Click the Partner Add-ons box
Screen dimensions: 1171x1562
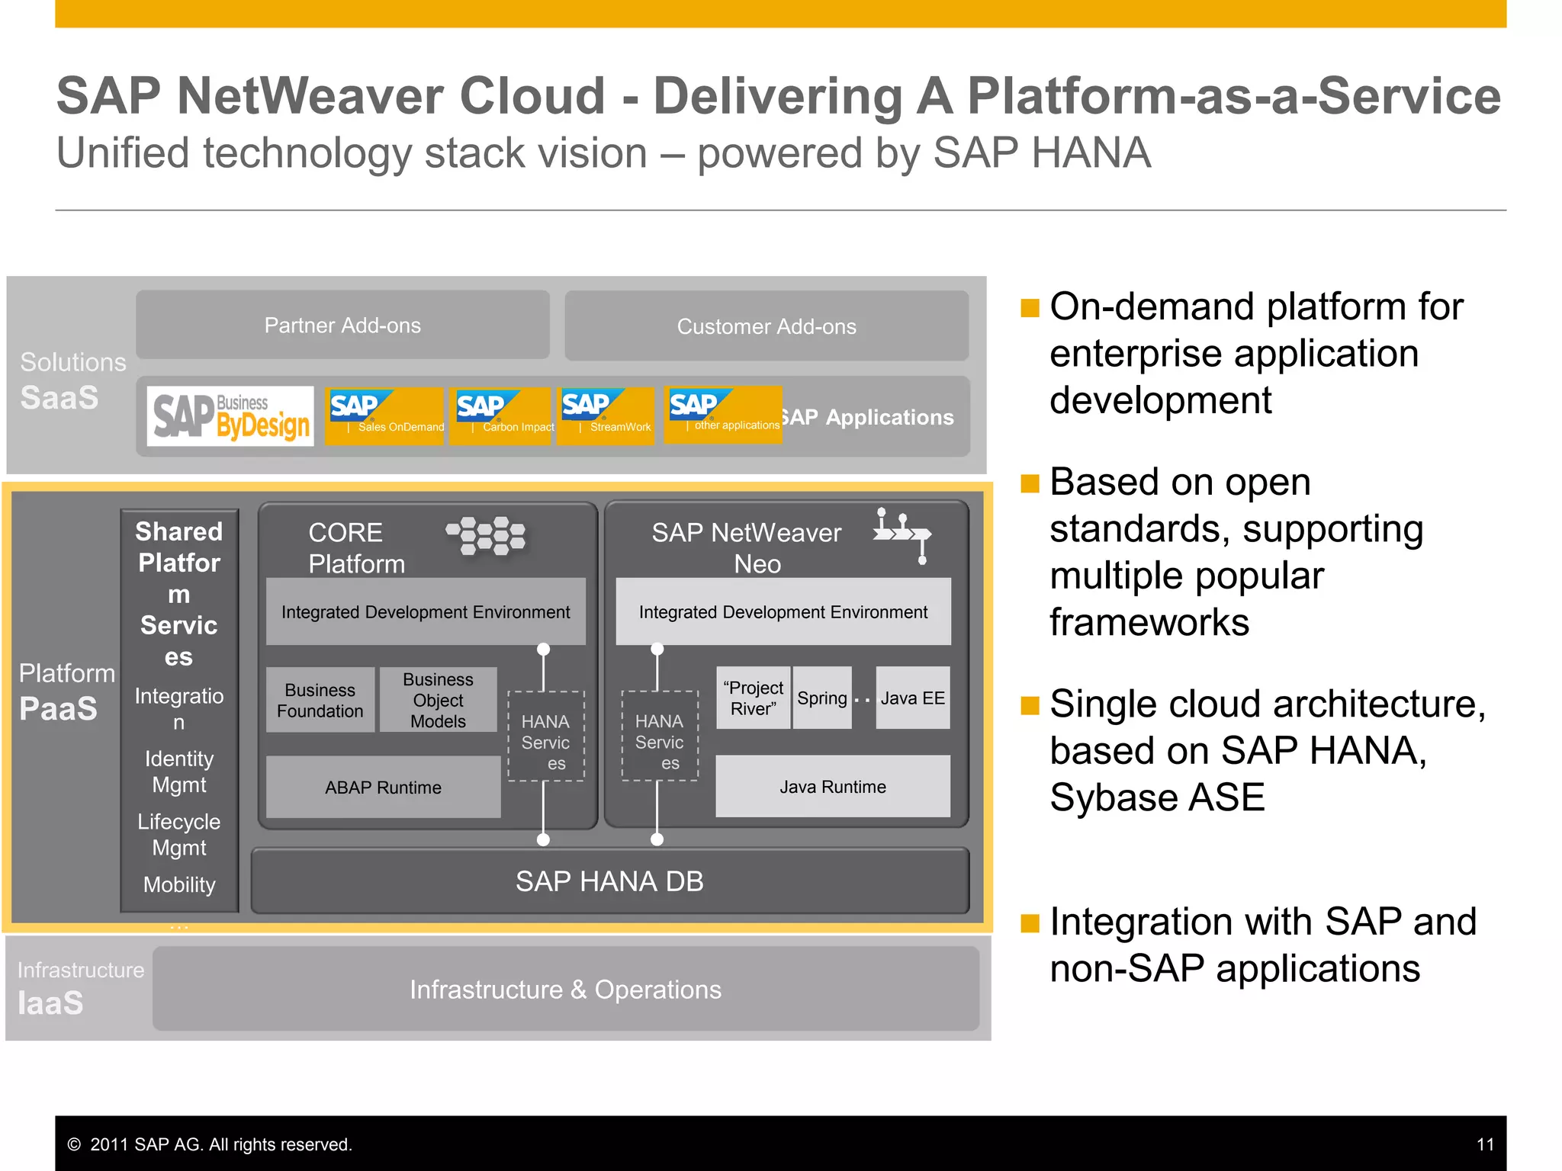coord(342,326)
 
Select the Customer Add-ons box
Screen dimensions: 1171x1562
coord(767,326)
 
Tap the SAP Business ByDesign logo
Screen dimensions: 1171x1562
coord(230,416)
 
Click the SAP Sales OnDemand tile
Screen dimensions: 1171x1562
coord(384,415)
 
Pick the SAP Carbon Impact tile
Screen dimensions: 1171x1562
coord(500,415)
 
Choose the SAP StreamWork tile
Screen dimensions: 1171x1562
coord(606,415)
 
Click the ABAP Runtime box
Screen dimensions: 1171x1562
coord(383,787)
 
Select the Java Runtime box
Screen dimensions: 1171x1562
coord(833,786)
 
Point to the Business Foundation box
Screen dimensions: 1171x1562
coord(320,700)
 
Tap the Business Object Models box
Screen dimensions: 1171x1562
coord(438,700)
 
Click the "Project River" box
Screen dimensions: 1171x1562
coord(753,698)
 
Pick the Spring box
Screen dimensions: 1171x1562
coord(821,698)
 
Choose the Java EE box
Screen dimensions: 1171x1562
coord(912,698)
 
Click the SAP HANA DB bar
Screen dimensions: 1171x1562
coord(609,881)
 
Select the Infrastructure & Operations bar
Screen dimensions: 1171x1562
coord(565,989)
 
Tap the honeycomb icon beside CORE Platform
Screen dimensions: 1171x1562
coord(486,536)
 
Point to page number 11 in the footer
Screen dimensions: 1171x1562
coord(1484,1144)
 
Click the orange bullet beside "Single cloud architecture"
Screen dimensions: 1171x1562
coord(1030,705)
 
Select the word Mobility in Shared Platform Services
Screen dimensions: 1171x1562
coord(179,884)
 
